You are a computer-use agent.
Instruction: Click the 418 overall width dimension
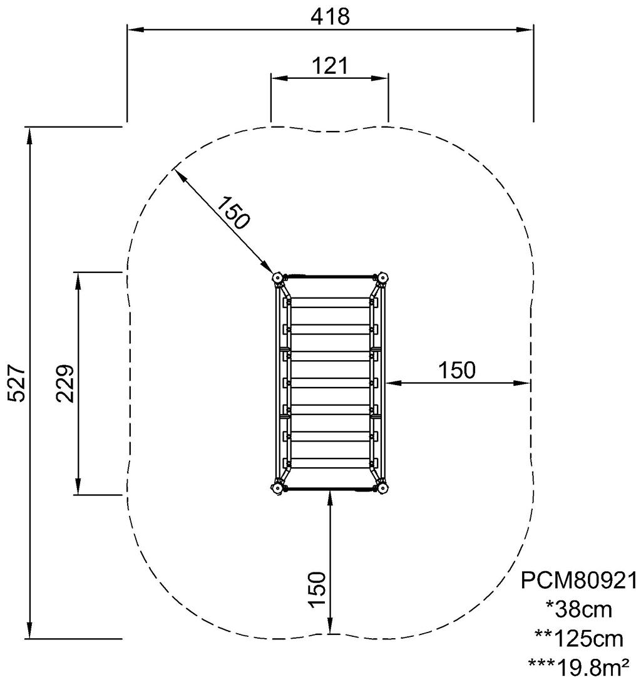click(330, 16)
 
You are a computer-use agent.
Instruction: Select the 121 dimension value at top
click(330, 65)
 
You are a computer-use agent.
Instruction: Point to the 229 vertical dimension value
click(65, 383)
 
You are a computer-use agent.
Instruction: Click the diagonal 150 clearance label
click(233, 212)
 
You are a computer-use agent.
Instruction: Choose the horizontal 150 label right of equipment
click(456, 370)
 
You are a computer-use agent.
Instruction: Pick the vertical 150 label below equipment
click(317, 589)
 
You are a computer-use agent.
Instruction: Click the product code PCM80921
click(578, 581)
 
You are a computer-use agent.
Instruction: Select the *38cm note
click(578, 609)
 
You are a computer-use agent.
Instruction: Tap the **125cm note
click(578, 638)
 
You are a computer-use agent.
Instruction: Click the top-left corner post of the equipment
click(277, 277)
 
